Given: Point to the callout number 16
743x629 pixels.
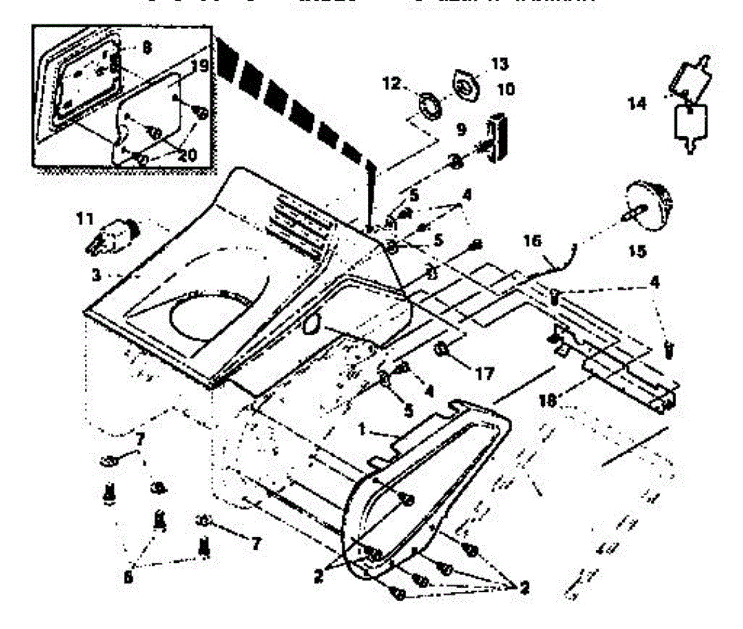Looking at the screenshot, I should [x=532, y=241].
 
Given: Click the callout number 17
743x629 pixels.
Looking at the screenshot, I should [x=484, y=374].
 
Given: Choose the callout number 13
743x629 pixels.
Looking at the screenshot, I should [x=499, y=64].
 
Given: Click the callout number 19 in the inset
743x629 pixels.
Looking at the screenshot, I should [x=199, y=65].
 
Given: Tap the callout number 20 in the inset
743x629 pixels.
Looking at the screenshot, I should [x=186, y=154].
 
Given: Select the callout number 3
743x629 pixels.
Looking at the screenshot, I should [x=96, y=274].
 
